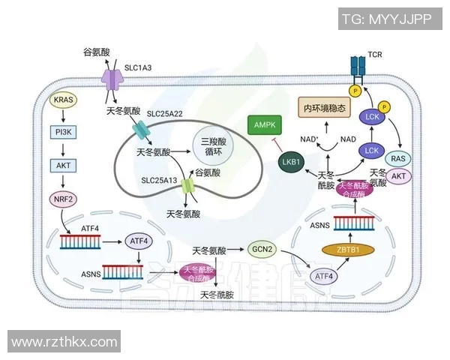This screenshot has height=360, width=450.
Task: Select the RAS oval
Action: click(x=399, y=157)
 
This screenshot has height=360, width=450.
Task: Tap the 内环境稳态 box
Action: click(x=325, y=109)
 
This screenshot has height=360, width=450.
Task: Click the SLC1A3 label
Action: click(x=137, y=68)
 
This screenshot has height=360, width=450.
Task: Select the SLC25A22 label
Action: click(x=168, y=113)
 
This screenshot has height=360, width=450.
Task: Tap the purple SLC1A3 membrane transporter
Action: click(x=112, y=77)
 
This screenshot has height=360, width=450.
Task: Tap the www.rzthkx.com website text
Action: click(x=64, y=342)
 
